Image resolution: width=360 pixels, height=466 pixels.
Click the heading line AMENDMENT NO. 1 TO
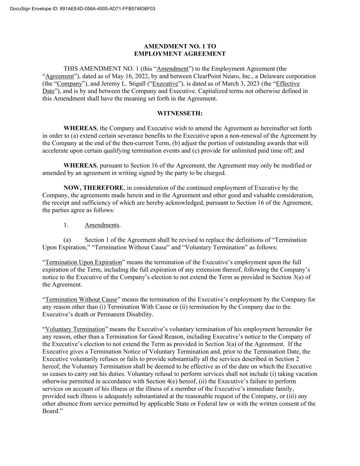click(x=179, y=46)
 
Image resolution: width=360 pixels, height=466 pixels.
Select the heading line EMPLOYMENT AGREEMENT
click(x=179, y=54)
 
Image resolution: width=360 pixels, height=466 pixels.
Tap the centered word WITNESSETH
click(x=179, y=113)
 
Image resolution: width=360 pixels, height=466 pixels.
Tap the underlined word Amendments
click(x=102, y=225)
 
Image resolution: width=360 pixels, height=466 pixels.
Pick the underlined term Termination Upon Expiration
click(x=84, y=262)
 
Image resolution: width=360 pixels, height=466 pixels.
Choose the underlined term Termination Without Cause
click(x=81, y=299)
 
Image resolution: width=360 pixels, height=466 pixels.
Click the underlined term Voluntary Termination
click(x=75, y=329)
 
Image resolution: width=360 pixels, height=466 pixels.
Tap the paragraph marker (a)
click(x=67, y=240)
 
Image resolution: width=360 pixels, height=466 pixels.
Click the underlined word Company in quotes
click(x=70, y=84)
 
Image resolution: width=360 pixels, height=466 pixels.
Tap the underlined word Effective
click(x=288, y=84)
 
